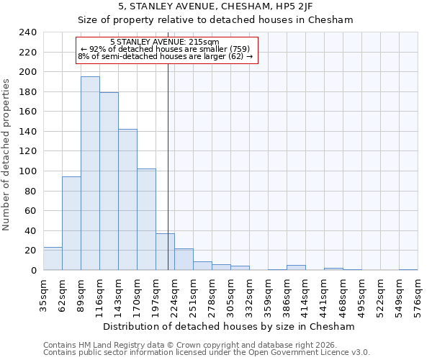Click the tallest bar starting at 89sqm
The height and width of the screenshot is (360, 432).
90,174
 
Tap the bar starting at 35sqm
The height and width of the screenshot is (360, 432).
53,258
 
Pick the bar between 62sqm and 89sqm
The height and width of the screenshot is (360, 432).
71,223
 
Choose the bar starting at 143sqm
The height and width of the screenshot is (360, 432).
127,199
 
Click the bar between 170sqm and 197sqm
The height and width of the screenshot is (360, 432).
146,220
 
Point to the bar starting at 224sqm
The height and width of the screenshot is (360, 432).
184,259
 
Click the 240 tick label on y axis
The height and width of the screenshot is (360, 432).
27,32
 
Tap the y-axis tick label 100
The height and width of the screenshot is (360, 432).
27,171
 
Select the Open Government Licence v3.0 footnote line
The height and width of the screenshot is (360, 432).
207,352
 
